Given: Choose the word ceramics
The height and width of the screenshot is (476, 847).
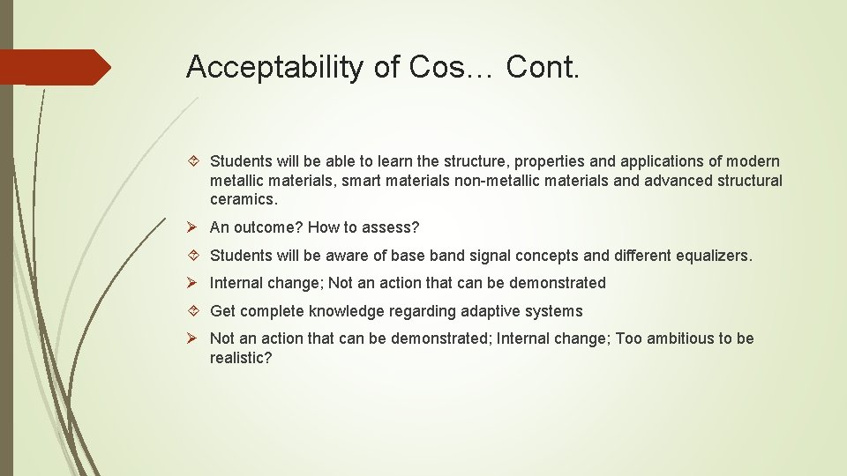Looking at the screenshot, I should [x=244, y=200].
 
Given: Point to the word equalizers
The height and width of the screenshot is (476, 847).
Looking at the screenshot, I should [x=714, y=256].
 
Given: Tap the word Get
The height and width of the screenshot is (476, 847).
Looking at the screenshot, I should [x=222, y=311].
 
